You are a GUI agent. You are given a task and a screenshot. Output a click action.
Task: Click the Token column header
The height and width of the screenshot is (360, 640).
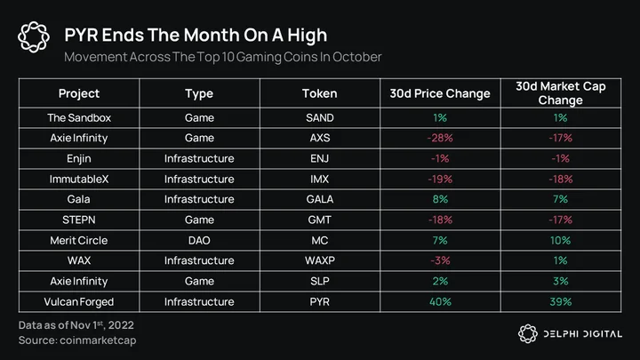320,93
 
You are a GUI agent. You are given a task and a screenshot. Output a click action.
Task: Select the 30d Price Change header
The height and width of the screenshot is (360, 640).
440,93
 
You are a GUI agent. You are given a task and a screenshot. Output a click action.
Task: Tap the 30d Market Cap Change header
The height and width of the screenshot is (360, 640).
560,93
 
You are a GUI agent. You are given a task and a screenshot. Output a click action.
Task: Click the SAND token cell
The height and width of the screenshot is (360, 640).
320,118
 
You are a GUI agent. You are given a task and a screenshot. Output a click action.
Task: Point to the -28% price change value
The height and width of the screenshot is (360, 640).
440,138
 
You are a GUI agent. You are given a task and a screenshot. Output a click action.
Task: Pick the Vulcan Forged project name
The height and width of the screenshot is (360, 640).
79,302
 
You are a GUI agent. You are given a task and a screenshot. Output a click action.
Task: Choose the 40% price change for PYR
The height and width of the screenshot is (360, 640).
440,302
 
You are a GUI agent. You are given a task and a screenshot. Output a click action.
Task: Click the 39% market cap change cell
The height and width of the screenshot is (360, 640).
560,302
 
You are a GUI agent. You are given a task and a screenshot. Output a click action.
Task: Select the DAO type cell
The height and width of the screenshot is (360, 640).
199,240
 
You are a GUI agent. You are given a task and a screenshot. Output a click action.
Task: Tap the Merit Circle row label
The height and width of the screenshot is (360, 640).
79,240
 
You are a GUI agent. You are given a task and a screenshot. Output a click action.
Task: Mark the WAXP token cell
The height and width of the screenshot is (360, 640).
320,260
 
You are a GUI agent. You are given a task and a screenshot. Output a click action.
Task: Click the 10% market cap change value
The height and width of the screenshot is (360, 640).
560,240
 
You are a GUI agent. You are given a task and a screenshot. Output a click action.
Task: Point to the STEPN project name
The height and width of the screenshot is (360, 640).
79,220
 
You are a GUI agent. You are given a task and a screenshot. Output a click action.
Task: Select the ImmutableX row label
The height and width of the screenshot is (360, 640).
79,180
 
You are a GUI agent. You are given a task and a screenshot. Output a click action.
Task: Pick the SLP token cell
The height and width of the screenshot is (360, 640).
320,281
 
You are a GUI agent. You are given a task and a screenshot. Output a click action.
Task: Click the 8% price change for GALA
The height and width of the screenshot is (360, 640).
440,199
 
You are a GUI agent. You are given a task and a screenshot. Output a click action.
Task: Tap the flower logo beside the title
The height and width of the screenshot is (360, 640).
34,36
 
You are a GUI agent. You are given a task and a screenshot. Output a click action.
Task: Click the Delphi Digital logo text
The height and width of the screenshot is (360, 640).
582,334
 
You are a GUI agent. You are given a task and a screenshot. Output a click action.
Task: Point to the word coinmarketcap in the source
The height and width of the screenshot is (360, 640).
98,340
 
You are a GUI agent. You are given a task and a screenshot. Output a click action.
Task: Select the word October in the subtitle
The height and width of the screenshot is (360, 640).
356,57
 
